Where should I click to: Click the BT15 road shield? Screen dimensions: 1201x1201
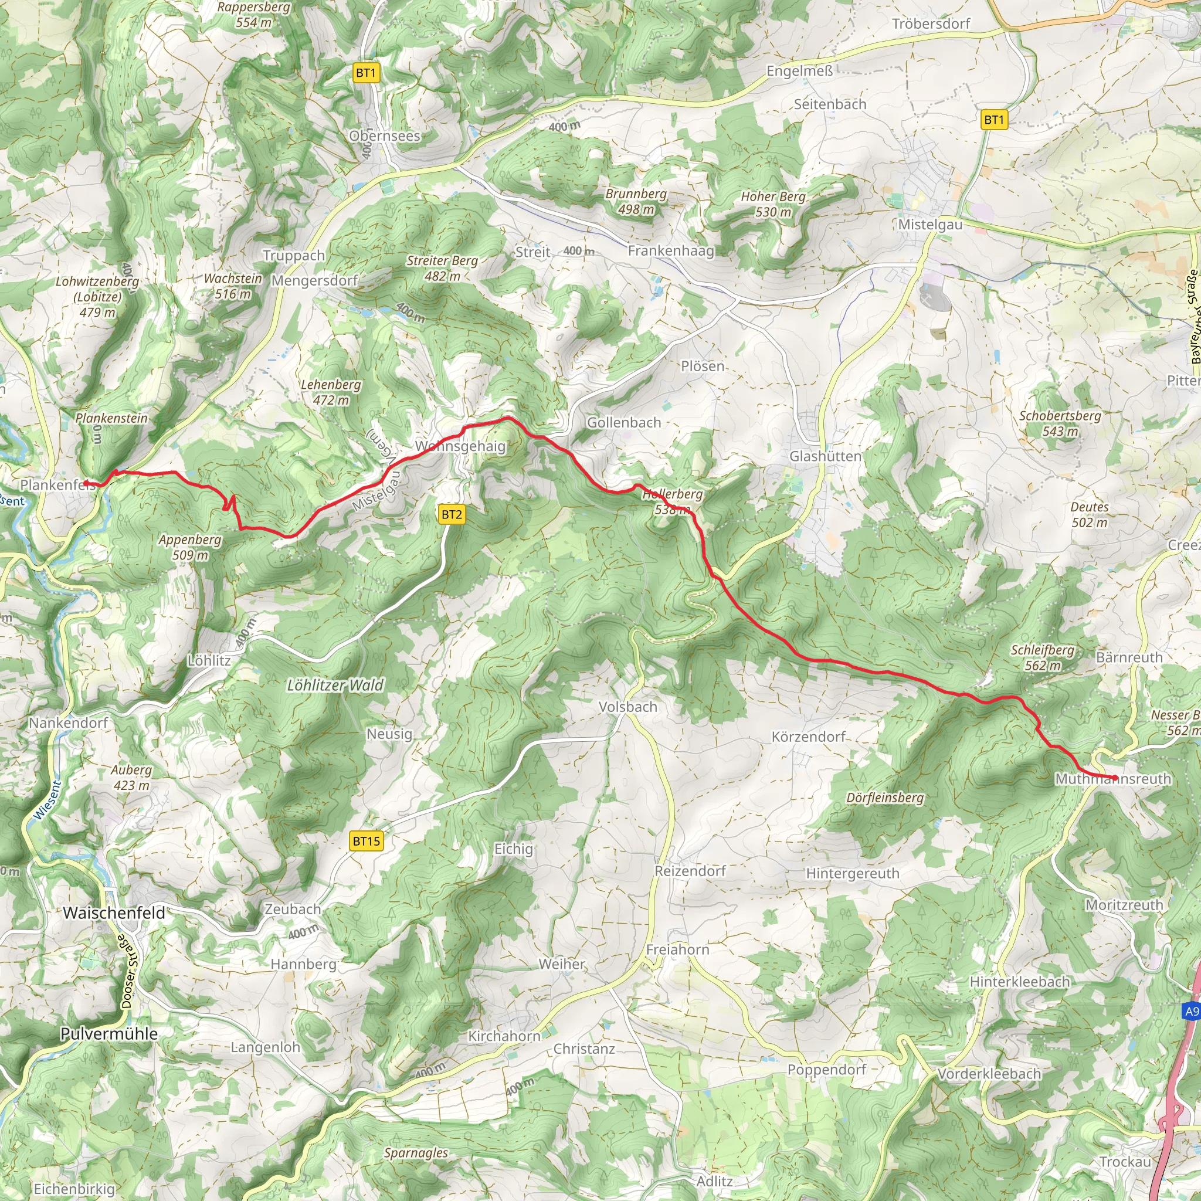(366, 841)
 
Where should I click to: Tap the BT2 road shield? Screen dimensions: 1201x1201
(452, 514)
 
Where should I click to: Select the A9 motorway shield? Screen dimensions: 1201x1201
(1191, 1012)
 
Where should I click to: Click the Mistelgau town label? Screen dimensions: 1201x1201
(930, 225)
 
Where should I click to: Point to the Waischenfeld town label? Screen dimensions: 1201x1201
(114, 912)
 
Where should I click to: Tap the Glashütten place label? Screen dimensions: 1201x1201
(825, 456)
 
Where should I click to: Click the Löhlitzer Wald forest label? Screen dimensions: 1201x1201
(335, 685)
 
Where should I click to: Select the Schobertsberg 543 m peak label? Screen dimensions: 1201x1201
(1060, 423)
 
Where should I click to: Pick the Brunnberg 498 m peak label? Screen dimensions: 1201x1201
(636, 201)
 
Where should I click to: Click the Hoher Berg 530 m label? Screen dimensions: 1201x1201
(773, 204)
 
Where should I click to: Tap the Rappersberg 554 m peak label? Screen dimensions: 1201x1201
(253, 14)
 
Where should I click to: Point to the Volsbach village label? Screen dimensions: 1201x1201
(627, 707)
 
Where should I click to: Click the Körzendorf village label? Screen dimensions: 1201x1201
(808, 737)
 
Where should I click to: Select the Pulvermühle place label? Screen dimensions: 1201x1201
(109, 1034)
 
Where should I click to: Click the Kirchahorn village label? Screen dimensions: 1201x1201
(504, 1036)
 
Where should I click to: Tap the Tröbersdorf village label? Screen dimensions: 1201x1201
(931, 23)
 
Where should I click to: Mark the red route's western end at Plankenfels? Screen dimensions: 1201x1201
(86, 483)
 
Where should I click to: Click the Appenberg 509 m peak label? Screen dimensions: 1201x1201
(189, 547)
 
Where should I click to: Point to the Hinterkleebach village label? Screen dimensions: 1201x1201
(1019, 982)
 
